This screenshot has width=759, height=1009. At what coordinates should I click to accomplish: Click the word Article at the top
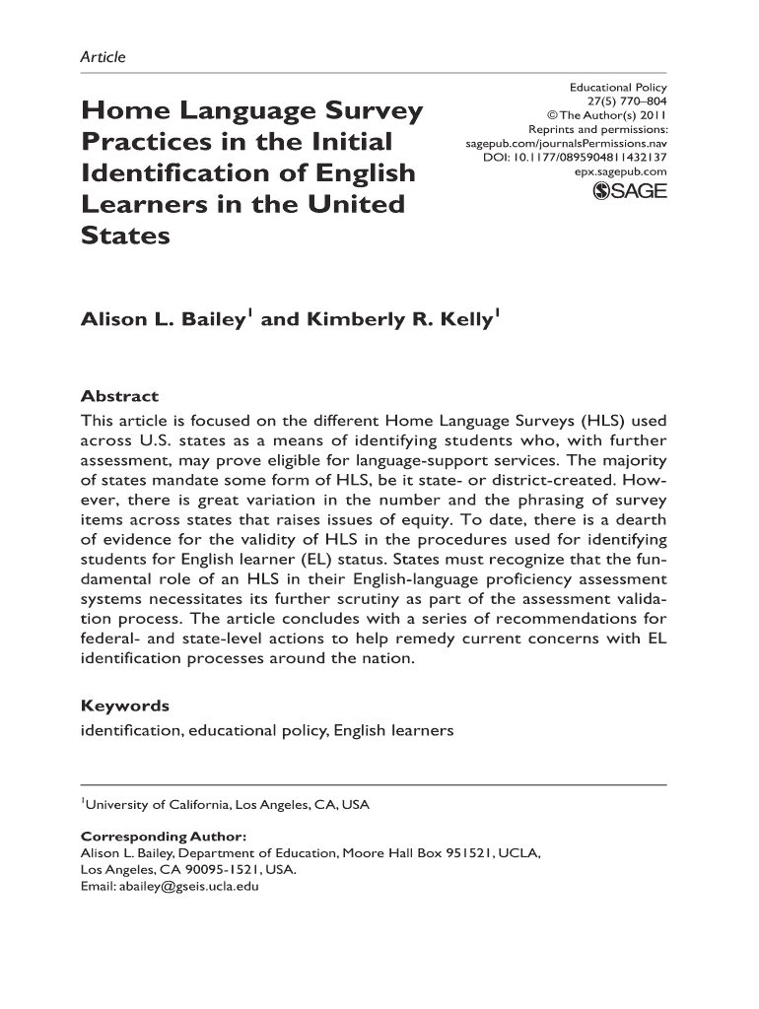click(x=103, y=57)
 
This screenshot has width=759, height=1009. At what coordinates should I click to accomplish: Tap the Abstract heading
click(x=118, y=396)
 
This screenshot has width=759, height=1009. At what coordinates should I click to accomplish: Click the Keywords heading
click(x=124, y=706)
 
